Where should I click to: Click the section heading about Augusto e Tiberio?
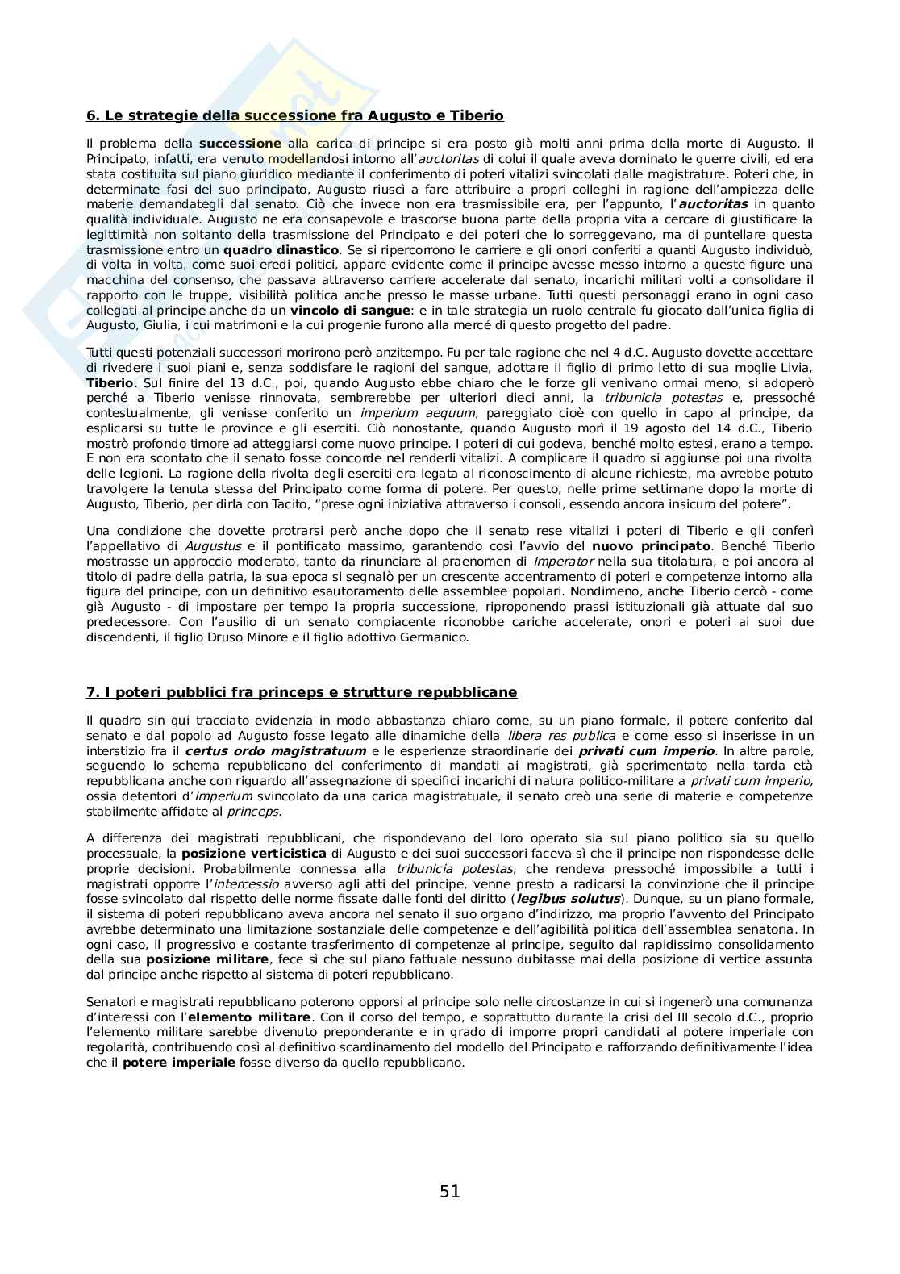[x=294, y=115]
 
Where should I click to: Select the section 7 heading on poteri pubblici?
[x=301, y=692]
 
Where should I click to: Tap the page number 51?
[x=450, y=1191]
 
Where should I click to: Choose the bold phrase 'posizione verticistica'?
[x=254, y=854]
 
